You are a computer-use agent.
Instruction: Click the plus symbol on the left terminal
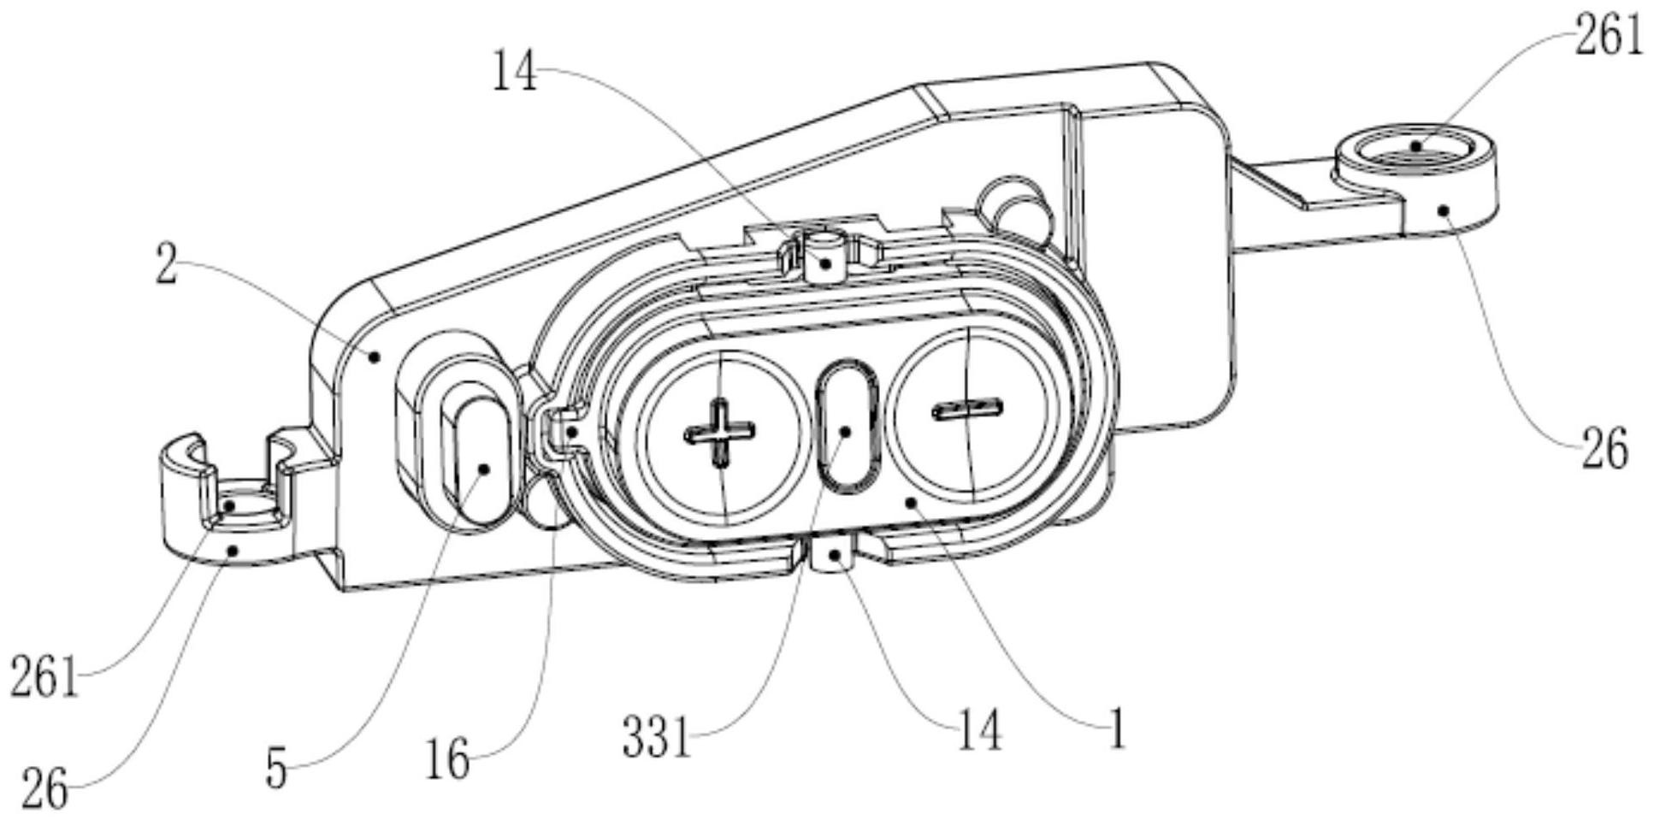(720, 433)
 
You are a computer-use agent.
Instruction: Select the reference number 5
(275, 769)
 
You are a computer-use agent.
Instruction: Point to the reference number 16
(447, 758)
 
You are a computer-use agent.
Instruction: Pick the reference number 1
(1115, 729)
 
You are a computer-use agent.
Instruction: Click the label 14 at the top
(514, 72)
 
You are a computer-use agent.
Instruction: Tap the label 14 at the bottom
(978, 730)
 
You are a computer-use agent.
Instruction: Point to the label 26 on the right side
(1604, 449)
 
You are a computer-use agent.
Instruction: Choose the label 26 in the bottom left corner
(44, 788)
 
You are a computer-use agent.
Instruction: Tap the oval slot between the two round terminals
(846, 425)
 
